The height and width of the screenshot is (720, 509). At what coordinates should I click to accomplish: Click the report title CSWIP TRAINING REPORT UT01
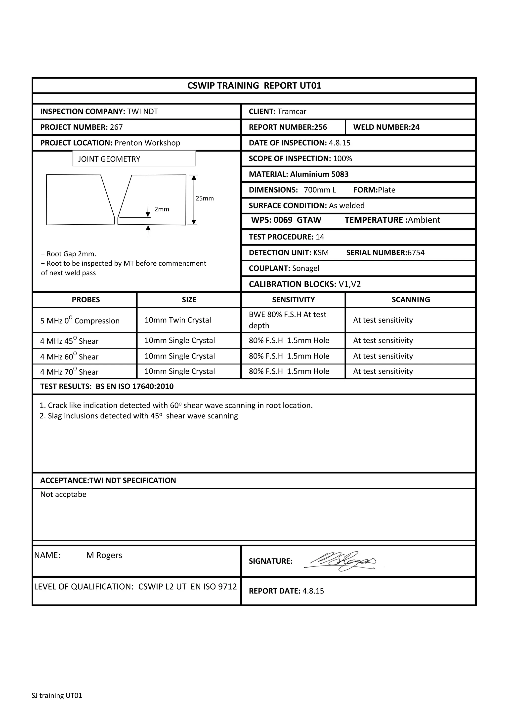tap(254, 86)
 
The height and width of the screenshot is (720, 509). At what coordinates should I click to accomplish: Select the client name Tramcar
tap(292, 112)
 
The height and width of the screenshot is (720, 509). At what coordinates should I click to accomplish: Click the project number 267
tap(116, 127)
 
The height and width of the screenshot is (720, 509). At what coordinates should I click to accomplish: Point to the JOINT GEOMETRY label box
tap(134, 159)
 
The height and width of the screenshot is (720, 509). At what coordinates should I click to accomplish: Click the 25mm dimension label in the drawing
tap(205, 199)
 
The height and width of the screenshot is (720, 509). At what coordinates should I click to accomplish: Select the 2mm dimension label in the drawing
tap(162, 209)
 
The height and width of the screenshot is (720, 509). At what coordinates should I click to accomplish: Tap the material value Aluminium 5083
tap(319, 174)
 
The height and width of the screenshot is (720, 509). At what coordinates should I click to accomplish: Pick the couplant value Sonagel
tap(305, 268)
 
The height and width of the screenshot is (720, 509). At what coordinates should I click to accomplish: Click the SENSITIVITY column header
tap(293, 300)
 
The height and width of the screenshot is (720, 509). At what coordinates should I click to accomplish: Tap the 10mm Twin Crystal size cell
tap(177, 320)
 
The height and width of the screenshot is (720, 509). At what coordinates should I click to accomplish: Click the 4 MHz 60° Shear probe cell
tap(69, 357)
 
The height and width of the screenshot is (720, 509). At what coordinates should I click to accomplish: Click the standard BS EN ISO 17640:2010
tap(134, 386)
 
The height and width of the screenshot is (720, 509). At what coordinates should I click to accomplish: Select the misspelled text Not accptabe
tap(63, 494)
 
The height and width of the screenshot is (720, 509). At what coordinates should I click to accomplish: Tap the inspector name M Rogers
tap(104, 555)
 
